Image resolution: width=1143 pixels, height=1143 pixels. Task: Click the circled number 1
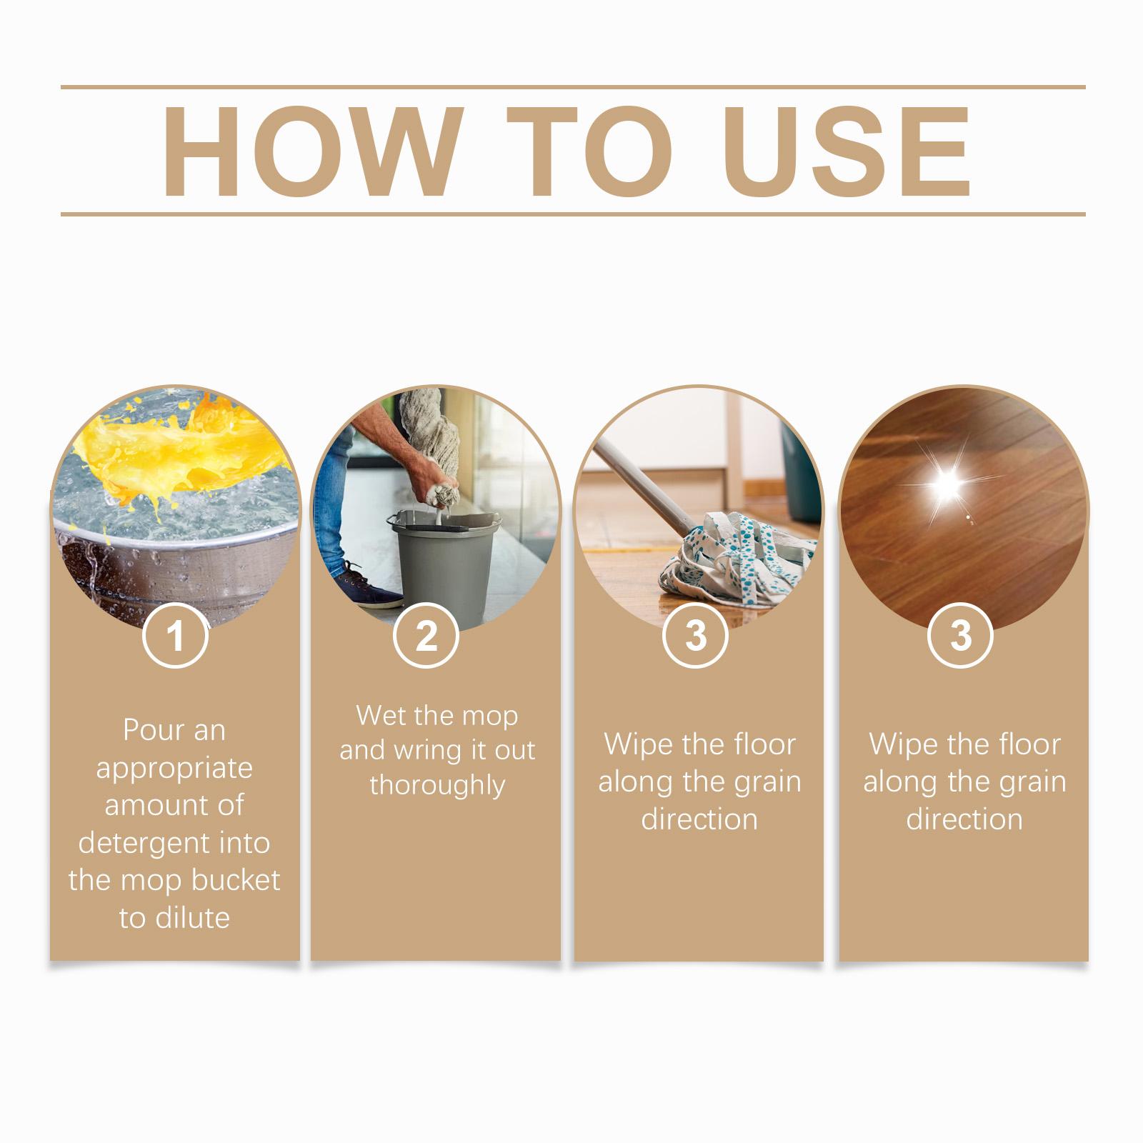(175, 635)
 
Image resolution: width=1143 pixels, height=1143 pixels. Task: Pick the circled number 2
(426, 635)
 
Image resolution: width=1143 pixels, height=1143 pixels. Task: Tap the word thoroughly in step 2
(437, 785)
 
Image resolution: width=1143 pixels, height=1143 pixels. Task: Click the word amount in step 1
(154, 806)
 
